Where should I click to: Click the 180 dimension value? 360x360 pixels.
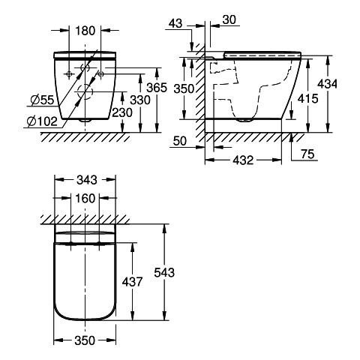85,31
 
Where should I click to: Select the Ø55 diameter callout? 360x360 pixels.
42,100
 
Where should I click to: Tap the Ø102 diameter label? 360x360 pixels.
42,121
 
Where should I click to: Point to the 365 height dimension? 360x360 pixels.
157,88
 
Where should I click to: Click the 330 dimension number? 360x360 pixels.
140,100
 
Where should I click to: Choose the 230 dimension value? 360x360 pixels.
122,112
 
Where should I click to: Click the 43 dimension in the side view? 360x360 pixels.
175,24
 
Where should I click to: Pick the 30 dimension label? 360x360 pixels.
229,19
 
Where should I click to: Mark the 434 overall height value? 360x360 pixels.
327,84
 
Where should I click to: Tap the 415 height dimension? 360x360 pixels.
307,99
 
